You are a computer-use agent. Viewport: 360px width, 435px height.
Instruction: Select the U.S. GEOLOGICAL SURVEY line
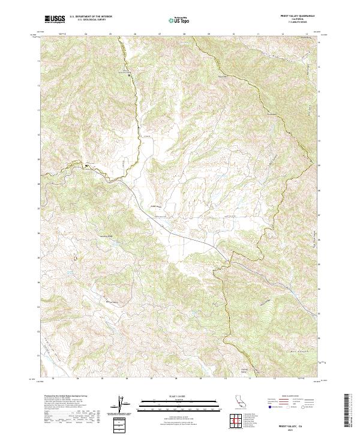tap(89, 20)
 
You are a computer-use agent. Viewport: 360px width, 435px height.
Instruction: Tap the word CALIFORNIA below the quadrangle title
tap(301, 19)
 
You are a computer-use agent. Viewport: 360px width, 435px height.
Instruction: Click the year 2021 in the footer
tap(301, 428)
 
